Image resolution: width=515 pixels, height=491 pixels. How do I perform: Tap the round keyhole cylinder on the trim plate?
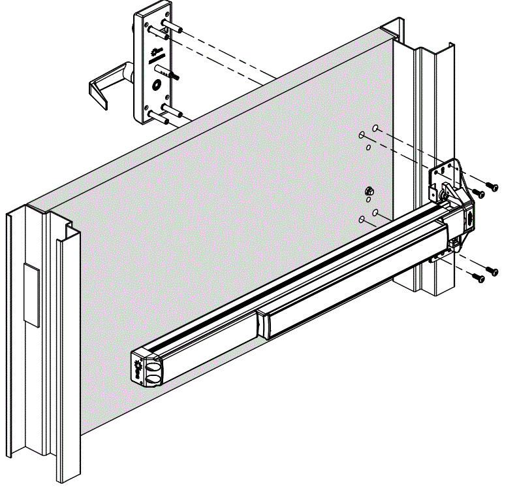(157, 84)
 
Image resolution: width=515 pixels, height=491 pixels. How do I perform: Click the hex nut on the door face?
(369, 192)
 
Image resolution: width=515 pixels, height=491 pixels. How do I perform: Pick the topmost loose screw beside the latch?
(493, 187)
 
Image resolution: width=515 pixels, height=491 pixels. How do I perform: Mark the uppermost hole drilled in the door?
(376, 128)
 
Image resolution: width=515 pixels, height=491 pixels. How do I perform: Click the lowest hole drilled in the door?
(362, 219)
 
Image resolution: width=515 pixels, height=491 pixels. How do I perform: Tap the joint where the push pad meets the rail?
(262, 323)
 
